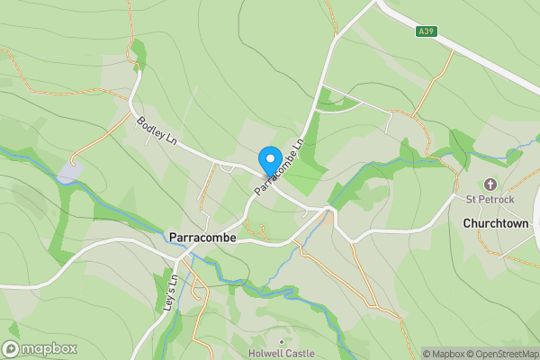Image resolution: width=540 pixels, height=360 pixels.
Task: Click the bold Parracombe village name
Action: coord(202,238)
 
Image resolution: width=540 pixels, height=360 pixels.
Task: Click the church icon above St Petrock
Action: coord(490,184)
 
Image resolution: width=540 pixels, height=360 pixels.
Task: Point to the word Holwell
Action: coord(266,354)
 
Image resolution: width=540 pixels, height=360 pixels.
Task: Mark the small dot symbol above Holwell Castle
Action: coord(282,342)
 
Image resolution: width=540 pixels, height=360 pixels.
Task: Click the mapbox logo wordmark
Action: coord(49,349)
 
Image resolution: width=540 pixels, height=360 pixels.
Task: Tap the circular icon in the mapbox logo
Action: coord(11,349)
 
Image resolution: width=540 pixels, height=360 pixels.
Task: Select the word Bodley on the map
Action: coord(148,129)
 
